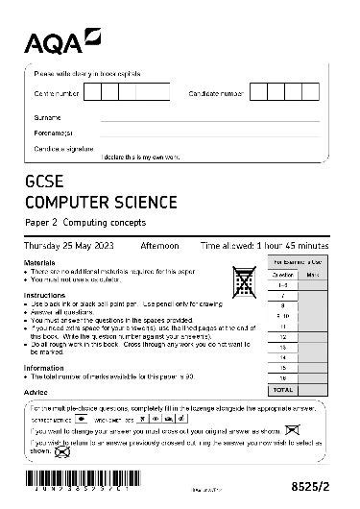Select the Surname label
(47, 116)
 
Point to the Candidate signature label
(61, 150)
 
